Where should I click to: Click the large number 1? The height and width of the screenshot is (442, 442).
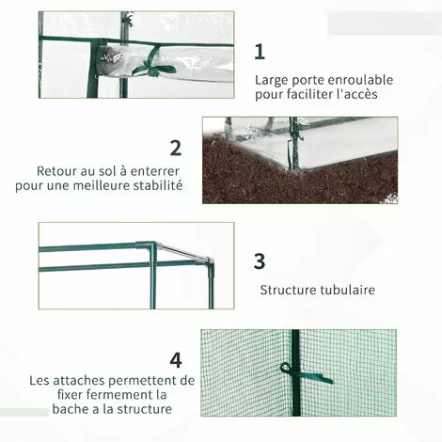(x=260, y=52)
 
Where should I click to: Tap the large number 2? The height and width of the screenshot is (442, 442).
(x=176, y=148)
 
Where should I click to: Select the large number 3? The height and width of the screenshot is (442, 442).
(x=260, y=260)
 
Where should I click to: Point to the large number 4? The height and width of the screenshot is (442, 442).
(x=176, y=360)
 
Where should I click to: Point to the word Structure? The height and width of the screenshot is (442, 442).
(x=288, y=290)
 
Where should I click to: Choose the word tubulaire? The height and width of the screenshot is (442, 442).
(x=347, y=290)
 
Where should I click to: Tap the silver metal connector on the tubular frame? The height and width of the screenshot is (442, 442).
(x=186, y=252)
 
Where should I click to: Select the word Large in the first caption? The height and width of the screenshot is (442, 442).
(x=272, y=81)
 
